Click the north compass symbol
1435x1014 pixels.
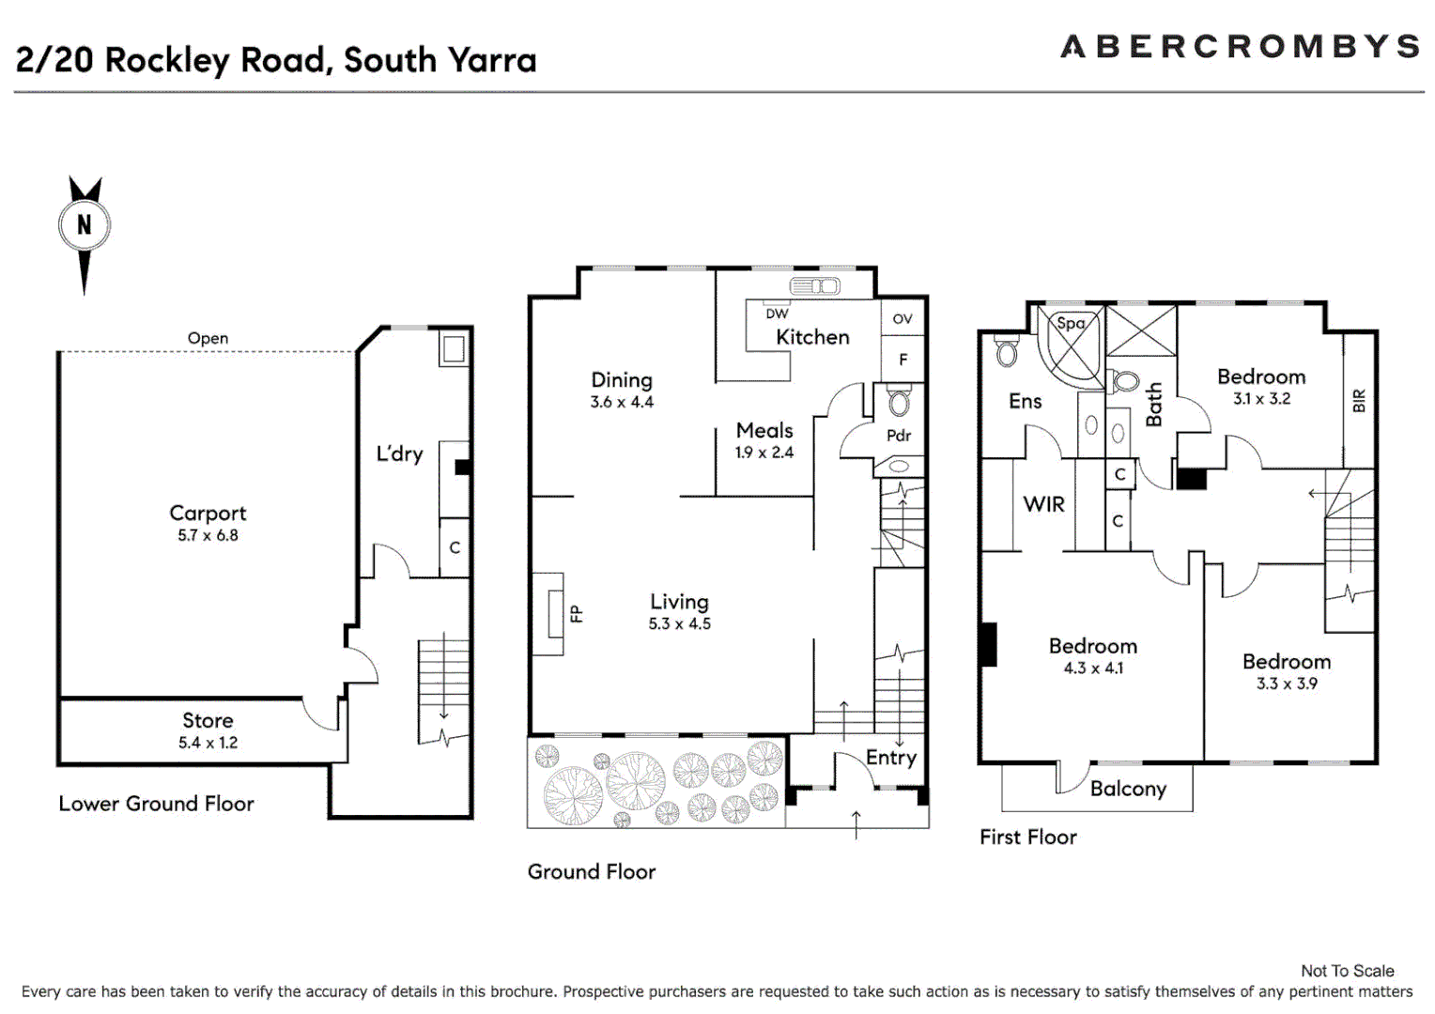coord(85,226)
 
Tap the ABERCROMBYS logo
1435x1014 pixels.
coord(1240,46)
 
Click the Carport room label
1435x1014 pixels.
coord(208,513)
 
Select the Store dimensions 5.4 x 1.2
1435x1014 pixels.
coord(208,743)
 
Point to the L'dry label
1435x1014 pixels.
coord(399,453)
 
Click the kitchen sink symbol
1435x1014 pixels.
coord(814,286)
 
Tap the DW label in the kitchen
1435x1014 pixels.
coord(777,314)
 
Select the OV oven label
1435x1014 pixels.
coord(902,319)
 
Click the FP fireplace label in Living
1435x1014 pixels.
coord(576,614)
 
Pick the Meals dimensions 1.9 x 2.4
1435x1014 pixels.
coord(764,453)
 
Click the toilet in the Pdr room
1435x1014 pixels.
coord(899,403)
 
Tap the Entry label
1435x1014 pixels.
coord(890,758)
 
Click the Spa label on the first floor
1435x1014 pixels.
coord(1071,323)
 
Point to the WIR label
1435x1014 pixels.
coord(1043,504)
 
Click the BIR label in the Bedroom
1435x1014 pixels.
coord(1359,401)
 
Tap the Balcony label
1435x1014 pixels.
coord(1128,789)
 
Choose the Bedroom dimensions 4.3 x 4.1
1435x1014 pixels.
coord(1093,668)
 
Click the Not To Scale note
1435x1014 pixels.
coord(1347,971)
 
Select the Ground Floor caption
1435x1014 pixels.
coord(592,871)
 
